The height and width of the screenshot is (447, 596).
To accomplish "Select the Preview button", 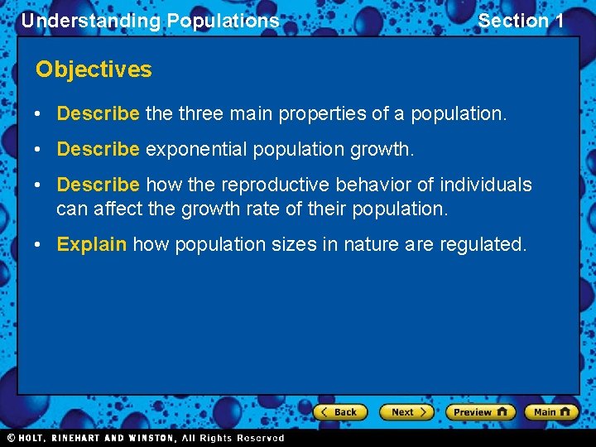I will (479, 412).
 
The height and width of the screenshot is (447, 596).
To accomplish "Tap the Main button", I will (551, 412).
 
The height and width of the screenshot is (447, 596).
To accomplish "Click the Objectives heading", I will (94, 70).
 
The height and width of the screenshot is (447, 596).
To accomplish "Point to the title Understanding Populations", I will (150, 21).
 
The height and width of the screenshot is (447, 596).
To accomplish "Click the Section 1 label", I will (521, 21).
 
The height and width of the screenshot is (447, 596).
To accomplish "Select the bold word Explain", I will (91, 245).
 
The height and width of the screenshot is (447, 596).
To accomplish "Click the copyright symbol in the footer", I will (11, 438).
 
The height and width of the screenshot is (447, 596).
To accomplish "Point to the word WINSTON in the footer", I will (148, 438).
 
